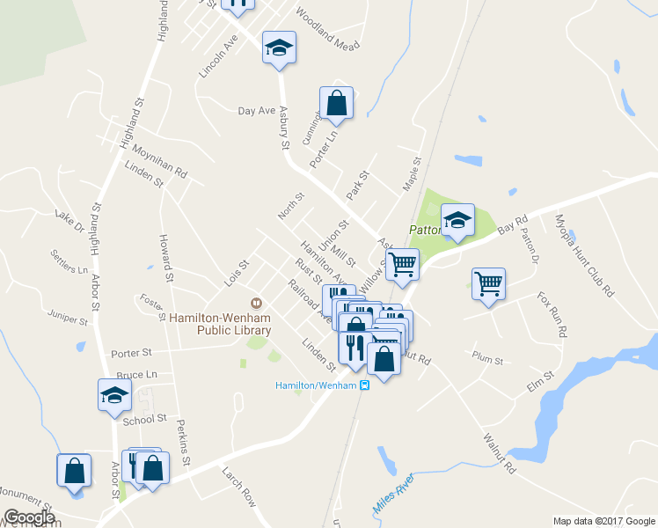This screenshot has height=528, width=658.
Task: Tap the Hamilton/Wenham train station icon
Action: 365,385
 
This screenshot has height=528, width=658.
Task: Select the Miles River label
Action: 393,497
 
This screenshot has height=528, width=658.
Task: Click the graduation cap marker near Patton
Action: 457,221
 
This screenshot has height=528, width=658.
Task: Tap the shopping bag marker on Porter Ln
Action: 336,103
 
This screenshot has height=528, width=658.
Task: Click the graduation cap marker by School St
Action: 114,395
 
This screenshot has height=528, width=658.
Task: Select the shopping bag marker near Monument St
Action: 74,470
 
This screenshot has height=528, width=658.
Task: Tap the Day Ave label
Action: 257,111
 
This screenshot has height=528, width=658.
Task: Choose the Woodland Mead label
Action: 328,30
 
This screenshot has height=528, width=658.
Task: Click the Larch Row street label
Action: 239,486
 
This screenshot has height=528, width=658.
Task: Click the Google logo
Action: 29,517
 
